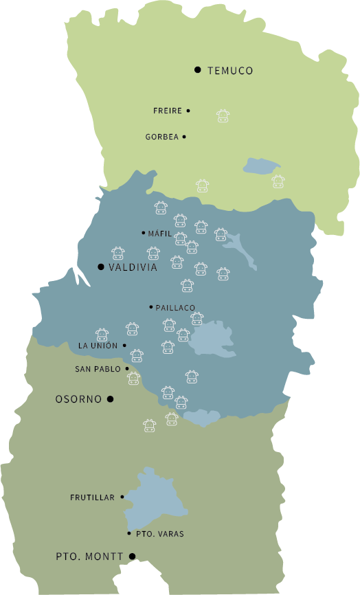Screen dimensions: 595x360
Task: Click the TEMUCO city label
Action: (230, 71)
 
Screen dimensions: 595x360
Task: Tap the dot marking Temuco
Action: (198, 69)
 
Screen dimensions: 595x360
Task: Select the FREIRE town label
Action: (168, 111)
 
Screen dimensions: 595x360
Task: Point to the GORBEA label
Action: (161, 137)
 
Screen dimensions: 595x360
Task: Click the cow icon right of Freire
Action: (223, 115)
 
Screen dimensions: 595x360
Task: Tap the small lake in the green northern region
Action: (260, 165)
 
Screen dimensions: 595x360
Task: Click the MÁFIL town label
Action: (159, 234)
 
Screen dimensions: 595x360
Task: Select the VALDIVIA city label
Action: (133, 267)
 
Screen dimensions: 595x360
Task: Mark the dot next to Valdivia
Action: (101, 267)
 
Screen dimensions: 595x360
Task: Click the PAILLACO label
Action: (175, 308)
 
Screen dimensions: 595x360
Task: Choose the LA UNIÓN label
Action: (98, 346)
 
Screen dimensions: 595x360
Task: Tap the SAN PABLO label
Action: (98, 369)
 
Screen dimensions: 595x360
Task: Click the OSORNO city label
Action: (78, 399)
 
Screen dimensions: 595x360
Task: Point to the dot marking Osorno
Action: (110, 398)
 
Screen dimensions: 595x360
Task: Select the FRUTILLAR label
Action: (92, 497)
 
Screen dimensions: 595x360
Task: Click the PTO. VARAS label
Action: (160, 534)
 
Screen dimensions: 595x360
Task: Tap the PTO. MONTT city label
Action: (89, 557)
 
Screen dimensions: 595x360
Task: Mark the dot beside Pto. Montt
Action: (133, 557)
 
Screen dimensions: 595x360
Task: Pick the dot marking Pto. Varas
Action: (129, 533)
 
